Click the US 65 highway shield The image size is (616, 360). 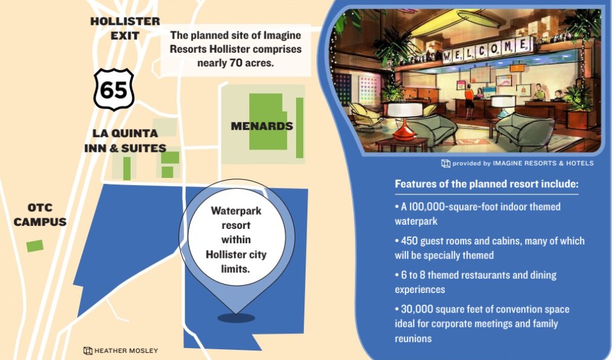point(114,89)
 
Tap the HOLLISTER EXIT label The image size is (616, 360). point(125,28)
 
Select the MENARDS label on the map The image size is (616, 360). point(262,126)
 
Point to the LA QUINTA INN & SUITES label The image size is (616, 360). point(125,141)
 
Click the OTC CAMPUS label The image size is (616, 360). point(40,215)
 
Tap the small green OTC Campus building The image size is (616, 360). point(35,246)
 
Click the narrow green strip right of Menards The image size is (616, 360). point(299,128)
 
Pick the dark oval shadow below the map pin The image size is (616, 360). point(236,318)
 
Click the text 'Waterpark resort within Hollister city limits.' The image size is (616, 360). point(236,240)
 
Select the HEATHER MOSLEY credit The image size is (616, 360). point(120,351)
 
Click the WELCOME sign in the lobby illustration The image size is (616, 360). point(487,50)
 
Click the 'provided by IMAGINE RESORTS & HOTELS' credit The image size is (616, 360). point(517,163)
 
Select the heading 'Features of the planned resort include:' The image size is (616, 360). point(487,184)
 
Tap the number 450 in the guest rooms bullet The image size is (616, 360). point(409,241)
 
